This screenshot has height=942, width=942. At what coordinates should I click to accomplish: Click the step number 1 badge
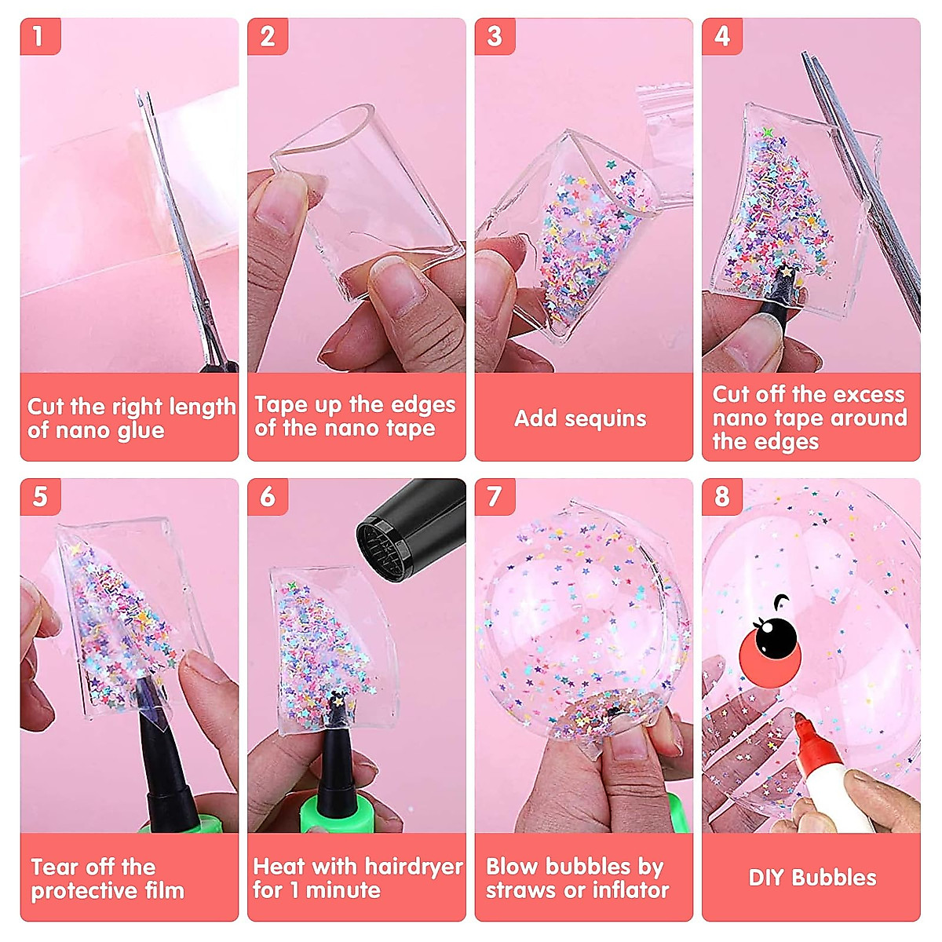pyautogui.click(x=38, y=36)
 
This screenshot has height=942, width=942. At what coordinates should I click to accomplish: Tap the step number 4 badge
pyautogui.click(x=721, y=36)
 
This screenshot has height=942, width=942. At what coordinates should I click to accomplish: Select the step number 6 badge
pyautogui.click(x=268, y=497)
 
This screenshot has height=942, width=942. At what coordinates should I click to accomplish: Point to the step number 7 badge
pyautogui.click(x=495, y=497)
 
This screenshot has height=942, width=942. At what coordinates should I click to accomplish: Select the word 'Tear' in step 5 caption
pyautogui.click(x=54, y=867)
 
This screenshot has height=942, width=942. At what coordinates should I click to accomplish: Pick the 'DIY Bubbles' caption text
pyautogui.click(x=812, y=878)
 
